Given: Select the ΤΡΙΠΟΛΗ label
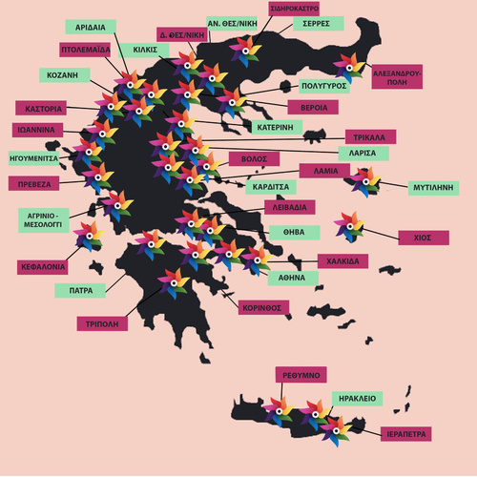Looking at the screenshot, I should coord(102,323).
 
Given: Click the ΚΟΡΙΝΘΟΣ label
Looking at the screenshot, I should coord(263,307).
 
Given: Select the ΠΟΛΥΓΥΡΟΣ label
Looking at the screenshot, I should coord(323,86).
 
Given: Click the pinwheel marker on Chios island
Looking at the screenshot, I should coord(349,226).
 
